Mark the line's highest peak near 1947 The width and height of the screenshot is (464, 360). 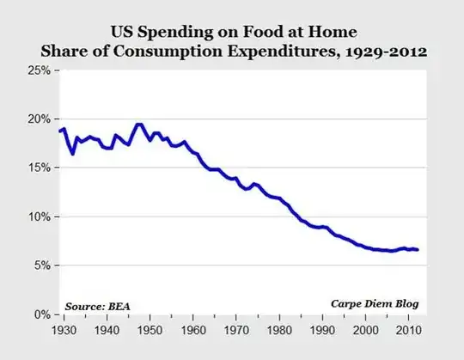(x=138, y=125)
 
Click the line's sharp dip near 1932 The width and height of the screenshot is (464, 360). (x=73, y=153)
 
